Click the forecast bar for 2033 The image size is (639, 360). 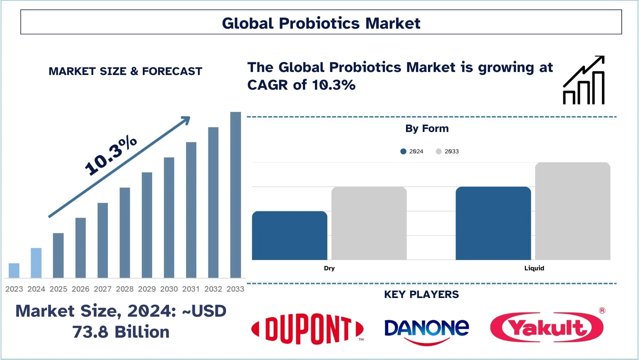click(235, 195)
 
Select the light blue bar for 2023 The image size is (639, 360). click(14, 270)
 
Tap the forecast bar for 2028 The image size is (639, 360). click(125, 233)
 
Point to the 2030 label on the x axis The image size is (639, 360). click(169, 289)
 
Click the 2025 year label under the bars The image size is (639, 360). click(58, 289)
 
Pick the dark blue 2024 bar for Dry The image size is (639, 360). click(290, 236)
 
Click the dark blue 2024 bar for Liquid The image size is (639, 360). click(493, 223)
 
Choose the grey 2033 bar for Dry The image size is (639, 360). click(369, 223)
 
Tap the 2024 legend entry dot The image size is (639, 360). click(403, 151)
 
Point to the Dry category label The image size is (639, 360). click(329, 268)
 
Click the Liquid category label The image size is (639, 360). click(534, 268)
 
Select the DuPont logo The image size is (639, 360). click(308, 329)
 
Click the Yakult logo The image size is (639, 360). click(546, 327)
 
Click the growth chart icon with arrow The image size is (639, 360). click(584, 80)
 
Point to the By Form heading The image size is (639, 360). click(427, 129)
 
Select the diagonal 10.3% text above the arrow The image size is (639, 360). click(110, 156)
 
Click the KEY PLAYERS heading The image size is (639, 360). click(421, 295)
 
